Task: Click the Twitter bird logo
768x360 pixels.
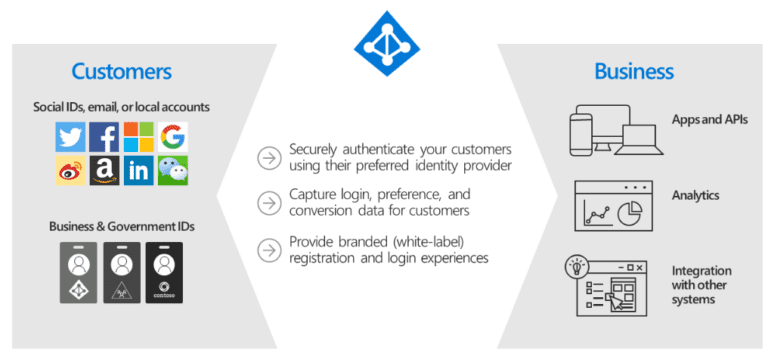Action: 70,137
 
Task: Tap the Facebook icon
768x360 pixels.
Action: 104,137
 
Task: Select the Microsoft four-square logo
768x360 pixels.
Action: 138,137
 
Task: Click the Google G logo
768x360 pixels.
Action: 172,137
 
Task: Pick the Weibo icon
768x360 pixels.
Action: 70,170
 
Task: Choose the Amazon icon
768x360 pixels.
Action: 104,170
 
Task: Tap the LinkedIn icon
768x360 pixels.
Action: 138,170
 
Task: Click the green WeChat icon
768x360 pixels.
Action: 172,170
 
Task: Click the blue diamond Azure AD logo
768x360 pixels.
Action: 387,43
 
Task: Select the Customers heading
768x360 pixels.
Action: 121,71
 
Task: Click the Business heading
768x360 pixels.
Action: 634,71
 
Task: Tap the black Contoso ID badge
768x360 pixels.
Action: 164,272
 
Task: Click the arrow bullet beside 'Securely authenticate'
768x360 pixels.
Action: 268,158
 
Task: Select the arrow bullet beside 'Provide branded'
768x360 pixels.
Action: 268,250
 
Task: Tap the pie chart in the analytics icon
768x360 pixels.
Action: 629,213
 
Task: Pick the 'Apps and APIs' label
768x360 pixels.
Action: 710,119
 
